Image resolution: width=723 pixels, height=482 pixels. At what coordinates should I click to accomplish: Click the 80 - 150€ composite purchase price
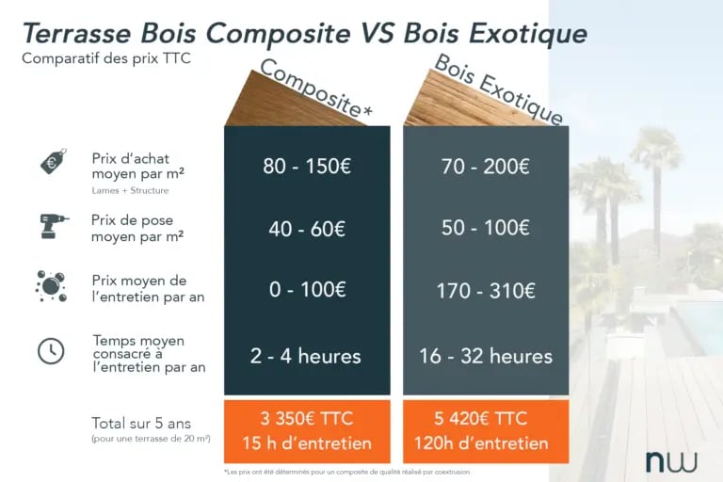pyautogui.click(x=307, y=167)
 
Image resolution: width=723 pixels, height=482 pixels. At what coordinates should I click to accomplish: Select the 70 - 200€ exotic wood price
pyautogui.click(x=486, y=167)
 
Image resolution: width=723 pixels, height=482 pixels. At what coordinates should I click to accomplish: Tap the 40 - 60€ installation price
pyautogui.click(x=307, y=228)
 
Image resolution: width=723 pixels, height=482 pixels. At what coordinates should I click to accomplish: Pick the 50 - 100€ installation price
pyautogui.click(x=486, y=228)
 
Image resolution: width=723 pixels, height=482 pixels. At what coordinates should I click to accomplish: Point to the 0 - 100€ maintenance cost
pyautogui.click(x=307, y=290)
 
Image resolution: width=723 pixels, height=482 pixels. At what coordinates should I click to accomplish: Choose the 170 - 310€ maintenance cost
pyautogui.click(x=486, y=290)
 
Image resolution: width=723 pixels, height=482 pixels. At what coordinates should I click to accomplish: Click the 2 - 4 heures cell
pyautogui.click(x=307, y=356)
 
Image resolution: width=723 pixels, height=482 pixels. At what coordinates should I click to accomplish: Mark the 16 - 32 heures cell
pyautogui.click(x=486, y=356)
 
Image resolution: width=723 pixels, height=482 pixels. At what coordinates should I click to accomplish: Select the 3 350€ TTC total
pyautogui.click(x=307, y=418)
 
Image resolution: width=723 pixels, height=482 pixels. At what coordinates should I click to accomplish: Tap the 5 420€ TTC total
pyautogui.click(x=486, y=418)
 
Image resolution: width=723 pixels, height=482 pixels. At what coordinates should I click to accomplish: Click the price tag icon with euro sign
pyautogui.click(x=53, y=162)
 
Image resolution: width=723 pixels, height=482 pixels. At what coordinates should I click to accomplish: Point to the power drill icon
pyautogui.click(x=54, y=225)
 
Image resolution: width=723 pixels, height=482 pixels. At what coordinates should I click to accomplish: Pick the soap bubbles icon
pyautogui.click(x=51, y=286)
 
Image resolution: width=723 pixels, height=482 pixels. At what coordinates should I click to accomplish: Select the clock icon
pyautogui.click(x=51, y=350)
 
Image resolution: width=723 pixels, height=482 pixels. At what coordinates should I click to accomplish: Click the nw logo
pyautogui.click(x=670, y=461)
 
